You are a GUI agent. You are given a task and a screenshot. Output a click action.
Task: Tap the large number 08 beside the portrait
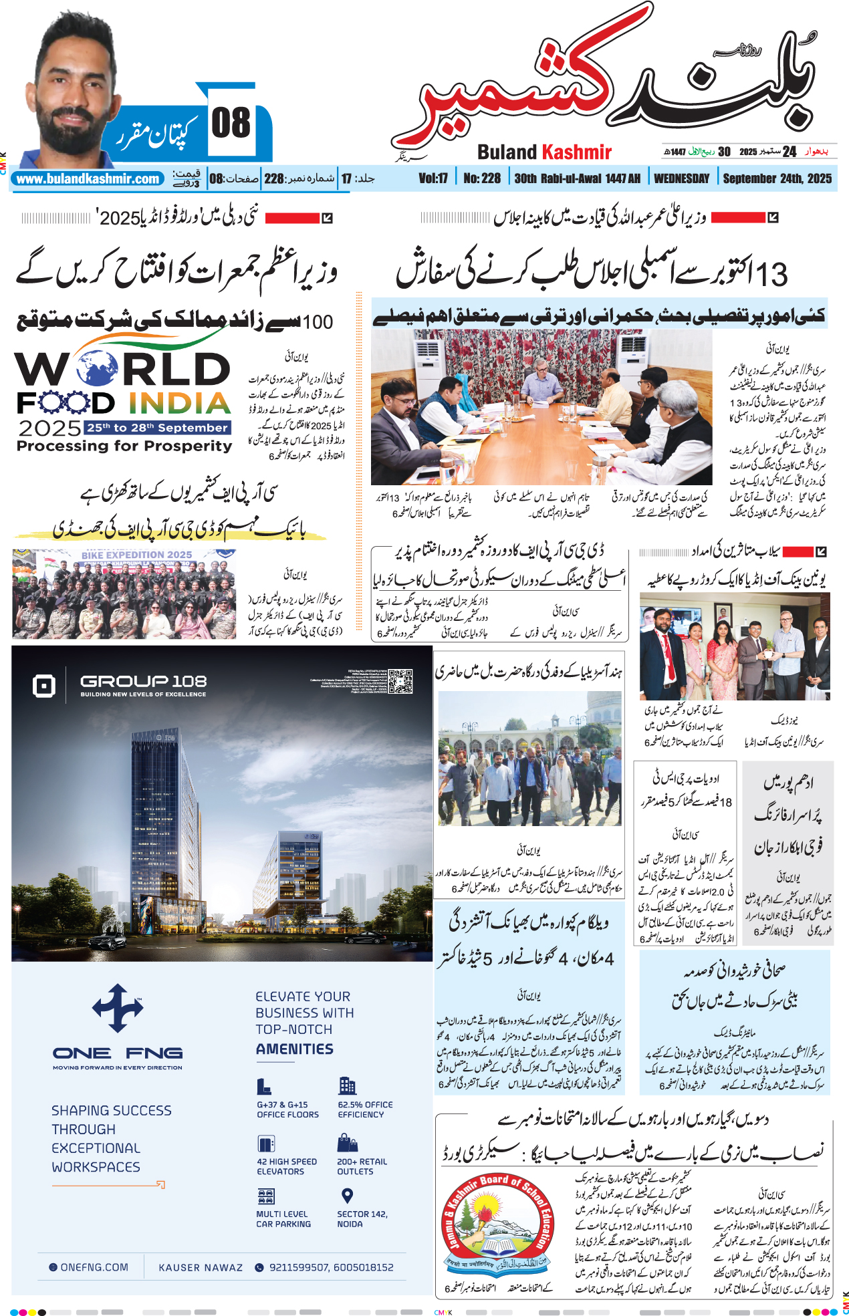pyautogui.click(x=231, y=123)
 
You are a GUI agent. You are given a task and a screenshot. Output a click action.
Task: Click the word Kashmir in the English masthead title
pyautogui.click(x=576, y=152)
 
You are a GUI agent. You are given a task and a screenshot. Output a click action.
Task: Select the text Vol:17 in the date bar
pyautogui.click(x=433, y=178)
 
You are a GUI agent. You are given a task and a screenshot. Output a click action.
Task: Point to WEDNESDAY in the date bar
pyautogui.click(x=681, y=178)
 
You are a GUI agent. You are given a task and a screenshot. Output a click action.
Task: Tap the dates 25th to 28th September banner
pyautogui.click(x=157, y=428)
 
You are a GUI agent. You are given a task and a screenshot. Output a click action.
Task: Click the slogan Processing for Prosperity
pyautogui.click(x=124, y=446)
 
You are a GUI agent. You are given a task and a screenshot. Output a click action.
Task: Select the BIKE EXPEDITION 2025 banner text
pyautogui.click(x=136, y=555)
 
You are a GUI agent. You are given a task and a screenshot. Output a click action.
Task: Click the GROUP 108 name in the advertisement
pyautogui.click(x=143, y=681)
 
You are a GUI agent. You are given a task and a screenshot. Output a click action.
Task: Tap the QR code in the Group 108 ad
pyautogui.click(x=400, y=681)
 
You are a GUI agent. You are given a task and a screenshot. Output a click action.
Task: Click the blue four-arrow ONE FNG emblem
pyautogui.click(x=118, y=1007)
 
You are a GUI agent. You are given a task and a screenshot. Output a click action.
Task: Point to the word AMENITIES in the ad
pyautogui.click(x=294, y=1049)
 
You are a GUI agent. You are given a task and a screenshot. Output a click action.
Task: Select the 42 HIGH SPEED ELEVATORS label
pyautogui.click(x=287, y=1166)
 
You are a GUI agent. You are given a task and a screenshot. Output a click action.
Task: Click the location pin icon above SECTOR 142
pyautogui.click(x=347, y=1195)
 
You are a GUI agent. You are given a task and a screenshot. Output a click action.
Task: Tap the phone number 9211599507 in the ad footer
pyautogui.click(x=298, y=1267)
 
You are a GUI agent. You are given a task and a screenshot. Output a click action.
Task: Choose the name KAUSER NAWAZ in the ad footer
pyautogui.click(x=201, y=1267)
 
